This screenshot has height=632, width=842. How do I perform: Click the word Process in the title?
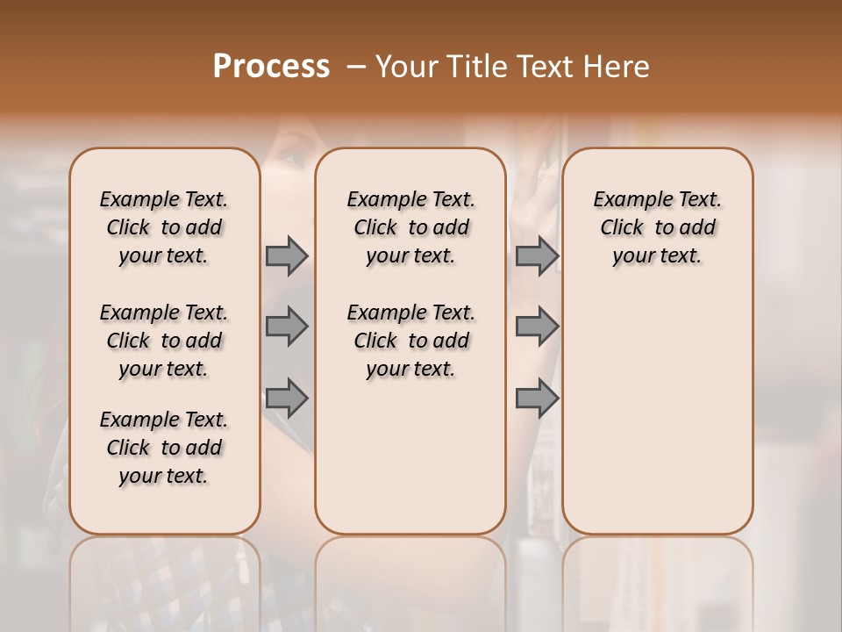[271, 67]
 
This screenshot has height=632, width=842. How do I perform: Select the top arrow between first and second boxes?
[287, 255]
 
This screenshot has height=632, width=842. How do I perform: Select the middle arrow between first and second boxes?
[287, 327]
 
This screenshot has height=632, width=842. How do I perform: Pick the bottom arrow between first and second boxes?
[287, 399]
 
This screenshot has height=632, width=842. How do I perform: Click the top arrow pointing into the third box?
[537, 255]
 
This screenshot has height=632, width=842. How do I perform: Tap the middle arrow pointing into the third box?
[537, 327]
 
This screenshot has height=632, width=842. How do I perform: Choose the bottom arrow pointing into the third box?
[537, 399]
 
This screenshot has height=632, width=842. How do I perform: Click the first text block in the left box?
[164, 227]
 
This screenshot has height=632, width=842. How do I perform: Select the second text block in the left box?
[164, 341]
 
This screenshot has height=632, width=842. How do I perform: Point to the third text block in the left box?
[164, 448]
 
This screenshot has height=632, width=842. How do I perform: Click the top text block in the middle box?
[410, 227]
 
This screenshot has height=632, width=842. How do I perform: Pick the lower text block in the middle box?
[410, 341]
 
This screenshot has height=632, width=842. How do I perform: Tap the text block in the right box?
[657, 227]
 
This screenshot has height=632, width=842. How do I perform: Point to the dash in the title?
[356, 67]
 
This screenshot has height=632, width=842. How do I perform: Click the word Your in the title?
[405, 67]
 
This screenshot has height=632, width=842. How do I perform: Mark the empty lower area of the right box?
[657, 404]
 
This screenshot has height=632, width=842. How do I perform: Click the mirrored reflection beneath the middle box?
[410, 571]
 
